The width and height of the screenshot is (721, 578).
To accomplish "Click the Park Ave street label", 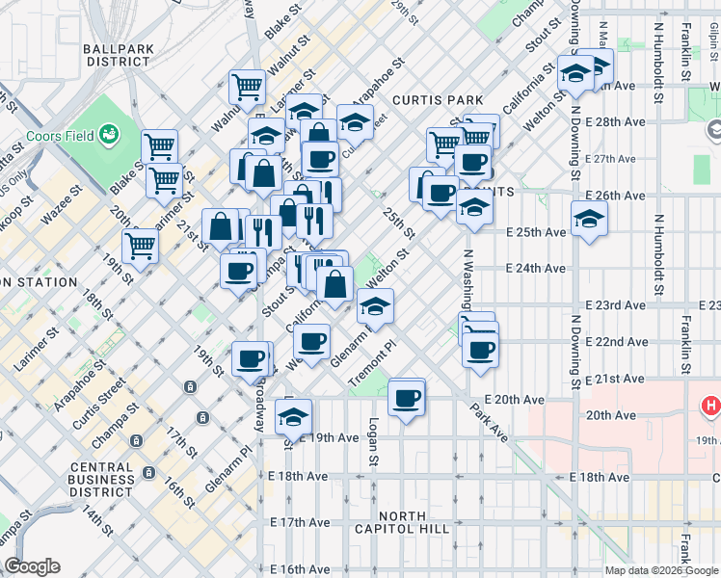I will [x=489, y=422].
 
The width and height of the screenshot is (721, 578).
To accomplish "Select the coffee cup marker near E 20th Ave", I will [x=406, y=397].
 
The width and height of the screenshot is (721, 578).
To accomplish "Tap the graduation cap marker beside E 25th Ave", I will [x=589, y=220].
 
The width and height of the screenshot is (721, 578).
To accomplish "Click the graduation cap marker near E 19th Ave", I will [x=293, y=417].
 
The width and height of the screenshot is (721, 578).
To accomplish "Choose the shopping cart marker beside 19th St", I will [x=141, y=246].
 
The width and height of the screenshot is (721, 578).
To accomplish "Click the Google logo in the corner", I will [x=32, y=566].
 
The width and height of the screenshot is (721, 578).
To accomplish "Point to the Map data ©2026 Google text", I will [x=659, y=570].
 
